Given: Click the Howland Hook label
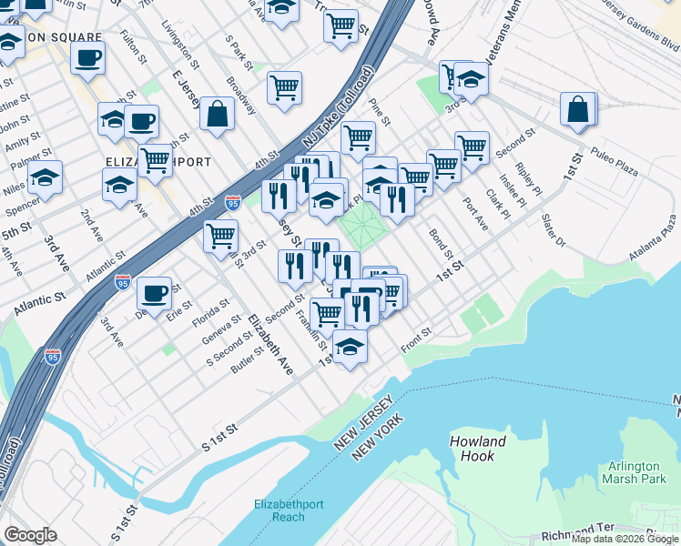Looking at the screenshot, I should click(x=477, y=450).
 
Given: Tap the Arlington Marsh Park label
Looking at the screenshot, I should click(x=634, y=472).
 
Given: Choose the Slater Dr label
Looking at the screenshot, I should click(x=554, y=229).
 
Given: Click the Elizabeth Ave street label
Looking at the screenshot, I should click(x=270, y=345).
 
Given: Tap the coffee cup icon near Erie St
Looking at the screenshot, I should click(x=155, y=293).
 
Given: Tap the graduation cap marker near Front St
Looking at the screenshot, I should click(x=350, y=347).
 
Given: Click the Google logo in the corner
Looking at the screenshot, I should click(x=30, y=535).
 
